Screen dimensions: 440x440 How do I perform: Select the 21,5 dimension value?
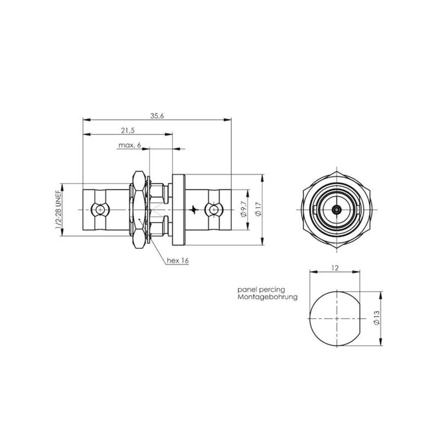(x=127, y=131)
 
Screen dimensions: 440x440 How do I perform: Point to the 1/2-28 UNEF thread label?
(x=58, y=210)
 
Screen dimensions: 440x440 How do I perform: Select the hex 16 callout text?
(x=177, y=260)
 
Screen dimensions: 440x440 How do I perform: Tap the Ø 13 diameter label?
(x=375, y=318)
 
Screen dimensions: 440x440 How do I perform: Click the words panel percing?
(x=261, y=290)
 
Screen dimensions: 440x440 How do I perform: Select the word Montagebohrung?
(x=268, y=297)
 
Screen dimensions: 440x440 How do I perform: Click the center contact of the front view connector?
(x=337, y=210)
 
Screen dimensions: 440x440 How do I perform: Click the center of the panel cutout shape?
(x=337, y=318)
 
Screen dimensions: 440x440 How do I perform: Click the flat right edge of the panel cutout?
(x=365, y=318)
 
